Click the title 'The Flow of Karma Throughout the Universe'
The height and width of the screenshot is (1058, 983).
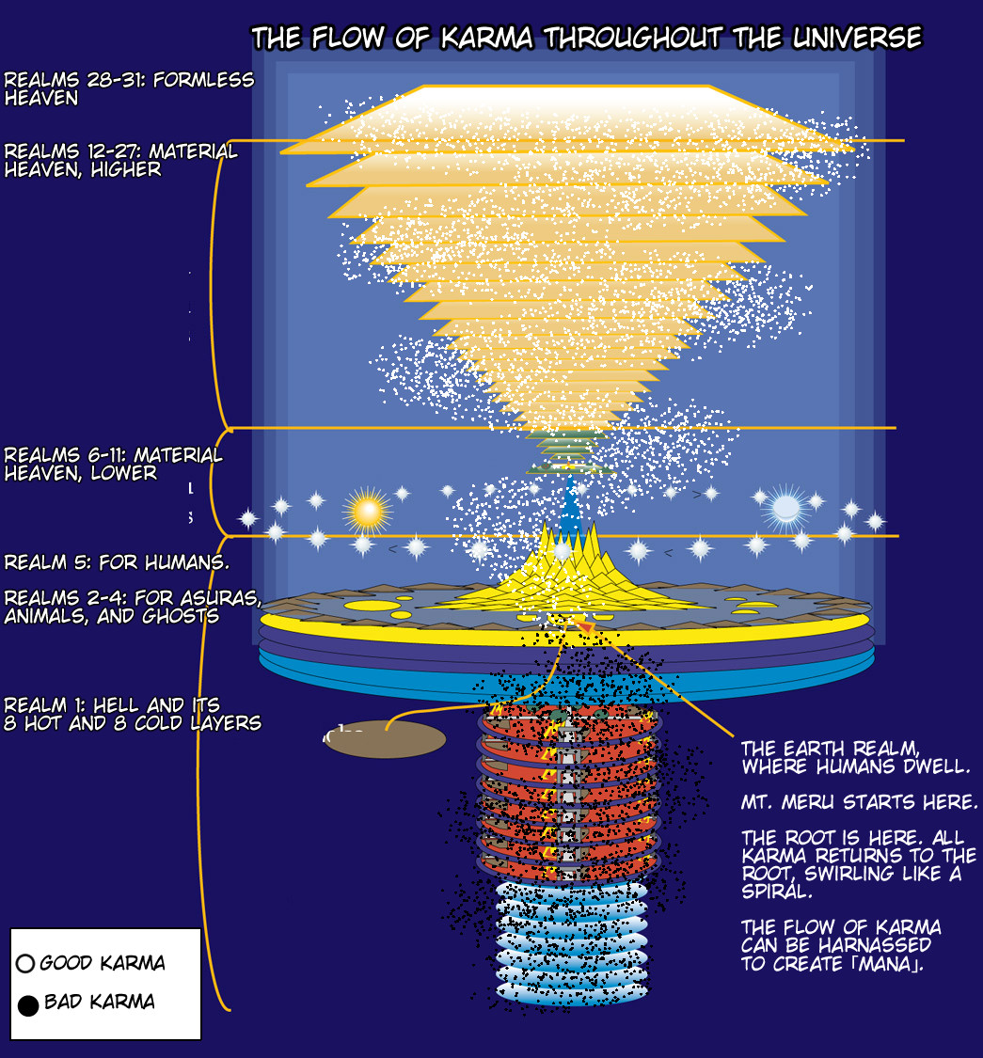point(586,39)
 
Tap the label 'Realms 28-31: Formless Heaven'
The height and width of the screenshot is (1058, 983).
point(129,87)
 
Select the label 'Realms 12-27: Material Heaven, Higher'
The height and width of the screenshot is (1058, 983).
point(121,160)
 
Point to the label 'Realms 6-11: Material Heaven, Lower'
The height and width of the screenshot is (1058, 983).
point(113,464)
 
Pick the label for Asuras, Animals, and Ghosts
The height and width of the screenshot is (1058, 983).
point(131,607)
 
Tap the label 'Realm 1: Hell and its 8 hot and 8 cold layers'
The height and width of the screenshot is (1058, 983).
point(132,714)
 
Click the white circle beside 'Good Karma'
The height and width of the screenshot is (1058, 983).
point(26,964)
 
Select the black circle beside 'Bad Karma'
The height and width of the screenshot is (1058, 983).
point(28,1006)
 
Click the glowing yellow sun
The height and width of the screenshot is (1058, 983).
point(366,511)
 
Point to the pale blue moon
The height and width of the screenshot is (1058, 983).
point(785,508)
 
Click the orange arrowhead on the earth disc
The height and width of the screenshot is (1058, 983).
point(585,626)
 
